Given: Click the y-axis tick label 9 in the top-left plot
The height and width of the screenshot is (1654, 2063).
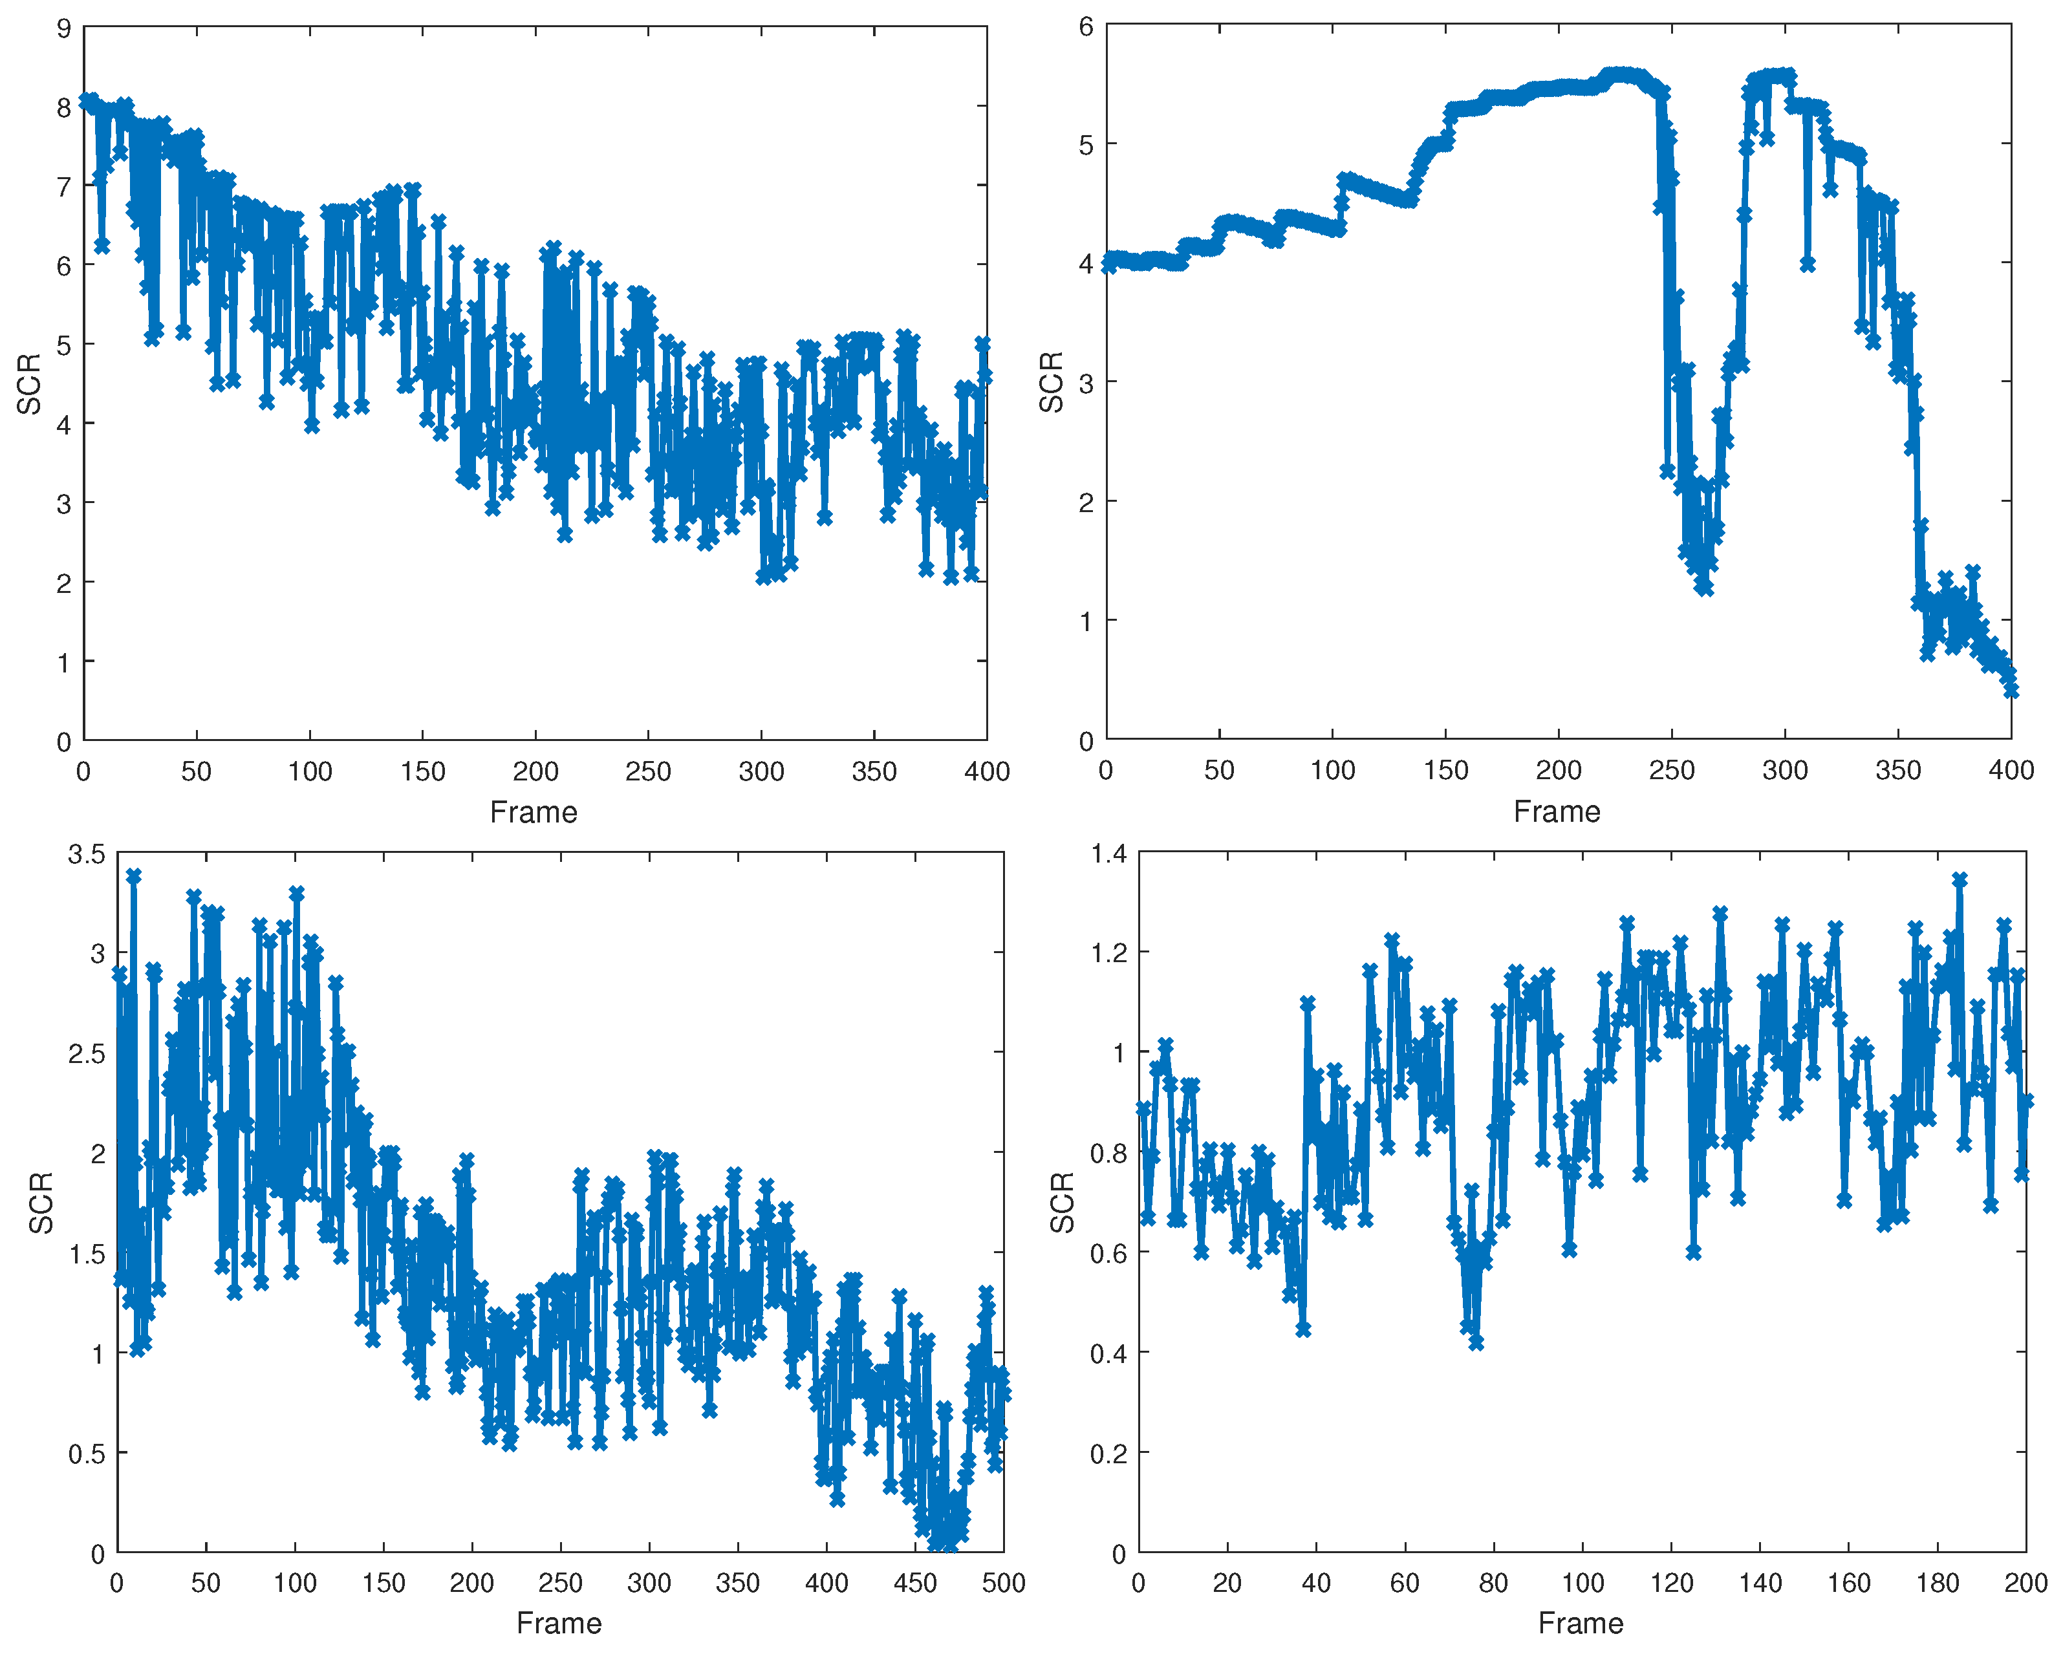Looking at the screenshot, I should (x=64, y=28).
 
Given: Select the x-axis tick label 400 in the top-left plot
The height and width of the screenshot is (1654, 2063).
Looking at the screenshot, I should (x=986, y=772).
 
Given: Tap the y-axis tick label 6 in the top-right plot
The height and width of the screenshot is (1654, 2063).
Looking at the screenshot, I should (x=1086, y=27).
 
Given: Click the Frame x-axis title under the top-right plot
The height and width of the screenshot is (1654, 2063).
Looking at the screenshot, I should (x=1556, y=812).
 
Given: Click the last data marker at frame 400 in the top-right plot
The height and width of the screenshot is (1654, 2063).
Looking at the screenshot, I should (x=2011, y=691).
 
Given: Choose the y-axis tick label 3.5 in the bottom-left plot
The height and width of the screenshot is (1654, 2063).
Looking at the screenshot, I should (x=86, y=854).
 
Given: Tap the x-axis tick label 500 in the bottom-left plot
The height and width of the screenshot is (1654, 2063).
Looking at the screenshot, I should (x=1003, y=1584).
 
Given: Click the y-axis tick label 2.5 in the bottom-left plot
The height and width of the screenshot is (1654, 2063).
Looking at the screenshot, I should (x=86, y=1054).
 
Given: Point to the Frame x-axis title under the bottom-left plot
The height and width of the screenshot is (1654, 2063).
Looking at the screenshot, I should (x=559, y=1624).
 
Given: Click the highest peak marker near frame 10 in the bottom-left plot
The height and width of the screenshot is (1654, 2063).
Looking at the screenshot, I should (x=134, y=876).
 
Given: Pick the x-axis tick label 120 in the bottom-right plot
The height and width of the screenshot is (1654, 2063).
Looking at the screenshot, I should (x=1670, y=1584).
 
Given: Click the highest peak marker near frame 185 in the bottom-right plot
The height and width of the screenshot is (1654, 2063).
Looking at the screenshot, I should (x=1959, y=879).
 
